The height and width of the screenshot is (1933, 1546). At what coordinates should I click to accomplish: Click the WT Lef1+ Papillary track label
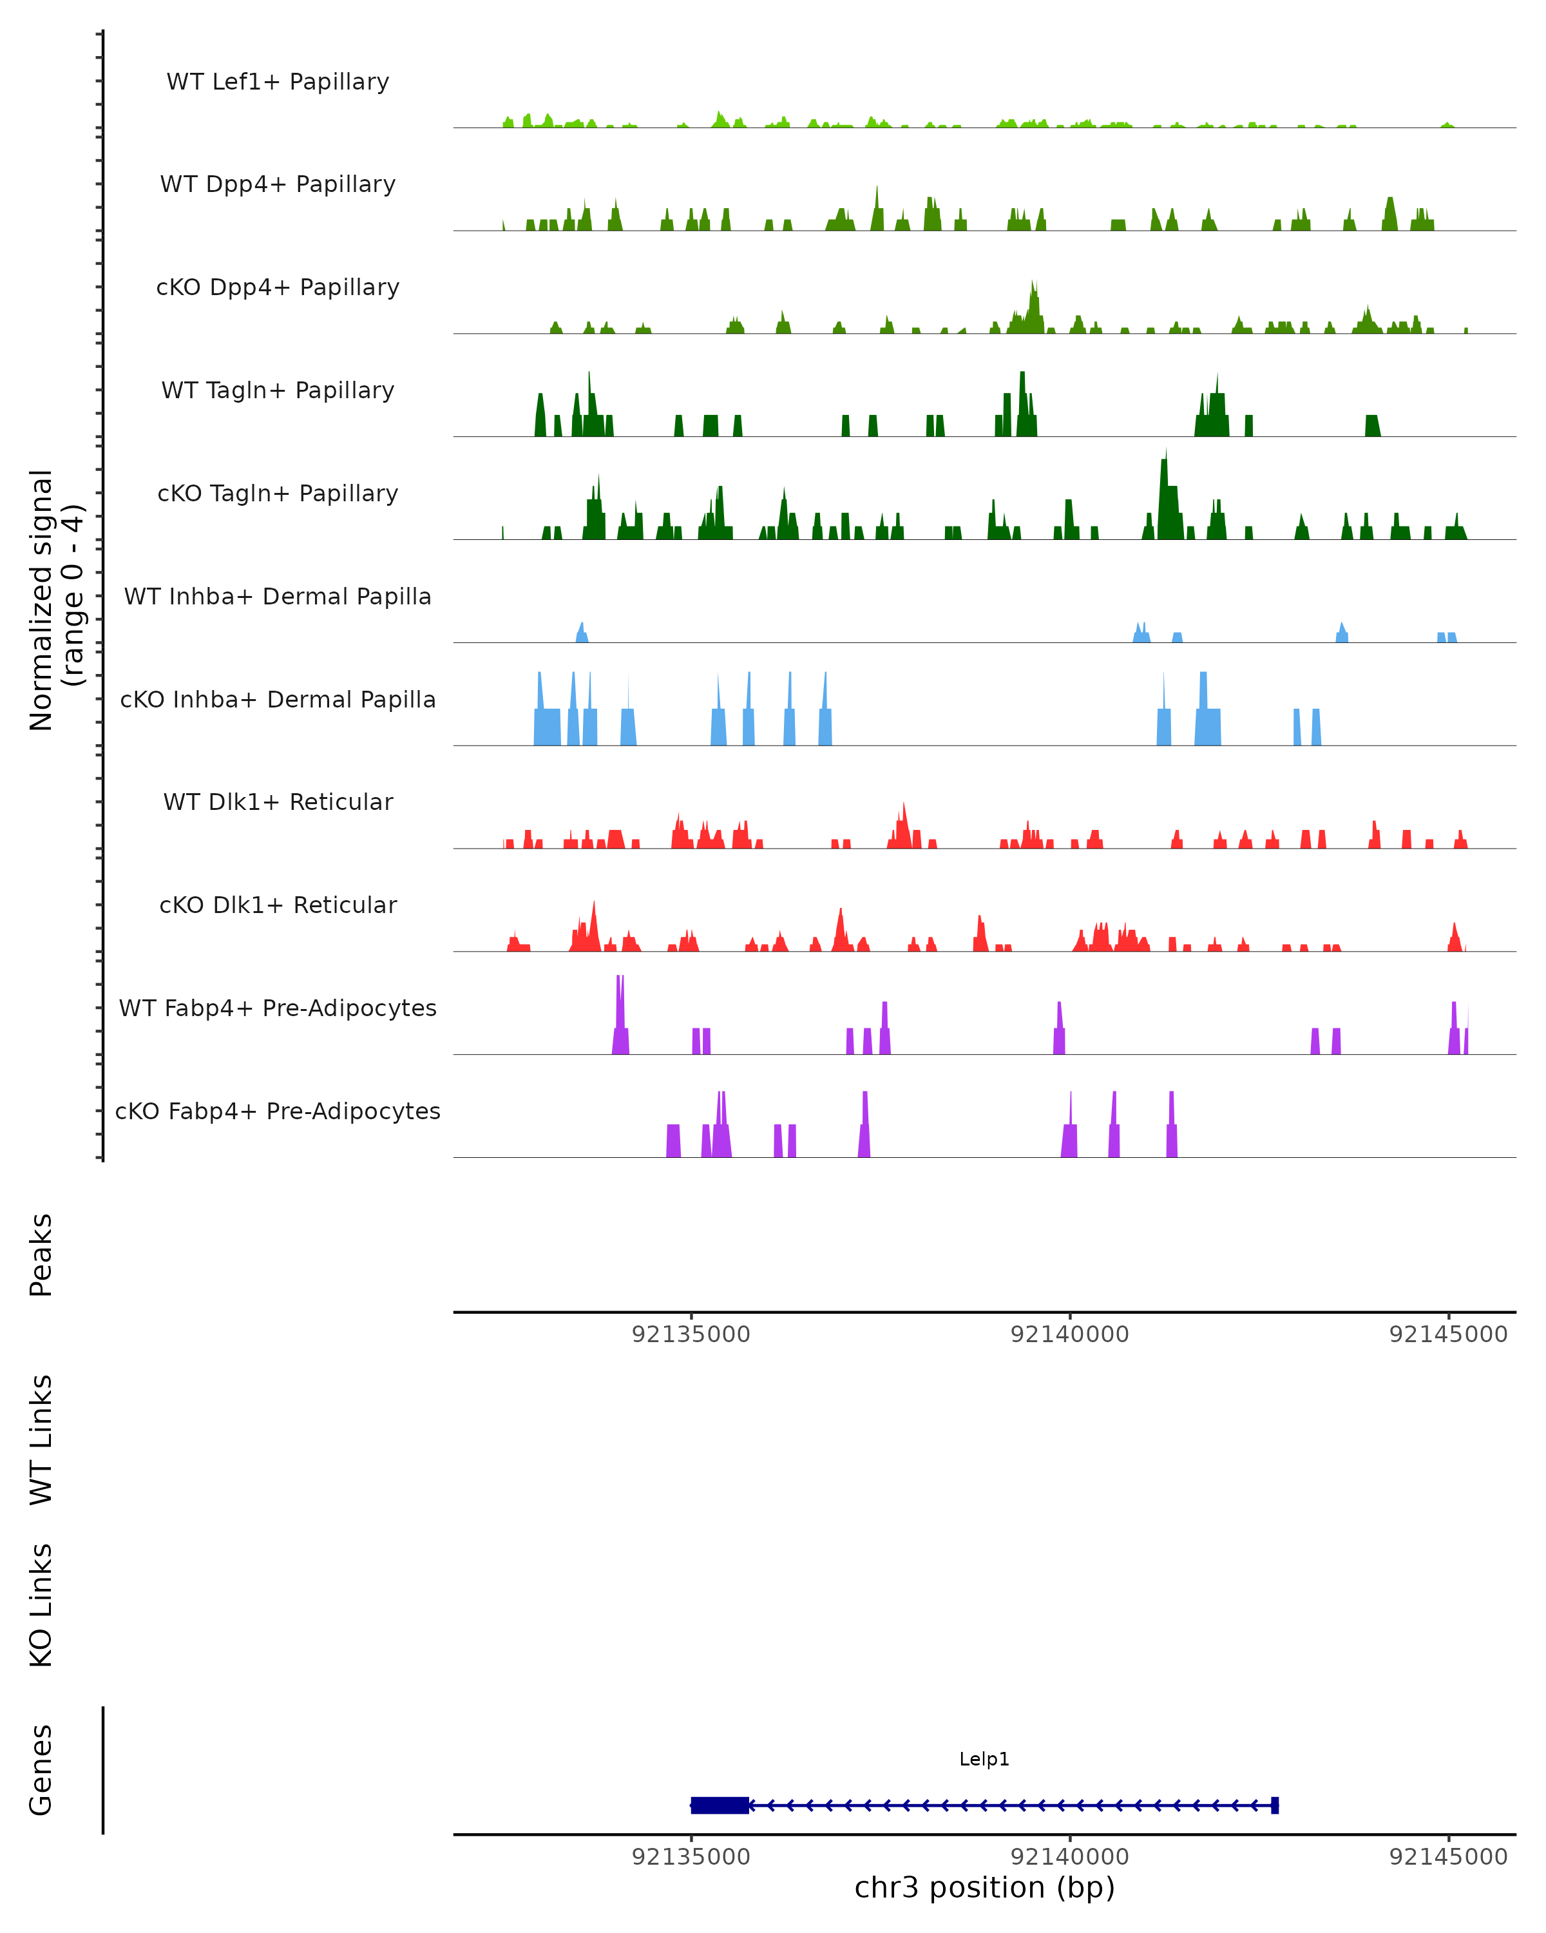(x=278, y=82)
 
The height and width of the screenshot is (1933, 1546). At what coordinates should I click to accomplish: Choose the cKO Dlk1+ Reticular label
(x=278, y=905)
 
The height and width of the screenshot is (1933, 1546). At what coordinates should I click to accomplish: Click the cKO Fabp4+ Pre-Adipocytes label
(x=278, y=1111)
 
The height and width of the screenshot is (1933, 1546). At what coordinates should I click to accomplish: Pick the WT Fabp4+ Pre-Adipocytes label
(x=278, y=1008)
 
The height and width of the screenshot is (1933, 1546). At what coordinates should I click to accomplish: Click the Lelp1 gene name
(x=984, y=1759)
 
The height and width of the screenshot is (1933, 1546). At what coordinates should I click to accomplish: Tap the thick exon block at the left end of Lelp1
(x=720, y=1805)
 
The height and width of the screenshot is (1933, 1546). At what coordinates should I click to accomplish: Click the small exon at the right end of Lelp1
(x=1274, y=1805)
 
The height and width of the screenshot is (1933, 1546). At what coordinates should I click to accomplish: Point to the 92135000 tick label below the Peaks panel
(x=691, y=1334)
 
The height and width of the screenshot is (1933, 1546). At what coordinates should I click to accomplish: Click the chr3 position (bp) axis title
(x=984, y=1887)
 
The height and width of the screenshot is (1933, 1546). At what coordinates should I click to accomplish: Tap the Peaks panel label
(x=41, y=1255)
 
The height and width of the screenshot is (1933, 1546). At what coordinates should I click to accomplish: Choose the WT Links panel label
(x=41, y=1439)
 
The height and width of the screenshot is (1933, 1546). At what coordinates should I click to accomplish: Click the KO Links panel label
(x=41, y=1605)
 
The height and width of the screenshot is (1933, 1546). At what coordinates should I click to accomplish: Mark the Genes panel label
(x=41, y=1770)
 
